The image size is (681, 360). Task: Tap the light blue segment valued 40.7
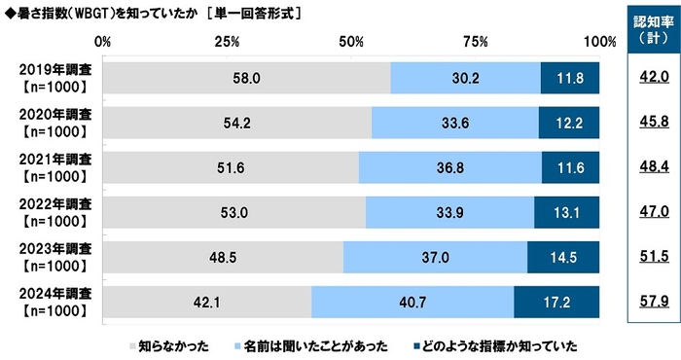coord(412,302)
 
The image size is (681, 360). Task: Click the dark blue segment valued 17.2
coord(556,302)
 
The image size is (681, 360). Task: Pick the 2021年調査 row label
coord(55,167)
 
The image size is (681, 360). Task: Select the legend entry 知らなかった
coord(165,344)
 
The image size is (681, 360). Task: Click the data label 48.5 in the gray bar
coord(224,257)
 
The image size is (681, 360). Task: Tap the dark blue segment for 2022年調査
coord(566,212)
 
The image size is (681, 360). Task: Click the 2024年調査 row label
coord(55,302)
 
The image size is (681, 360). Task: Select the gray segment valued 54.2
coord(236,123)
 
